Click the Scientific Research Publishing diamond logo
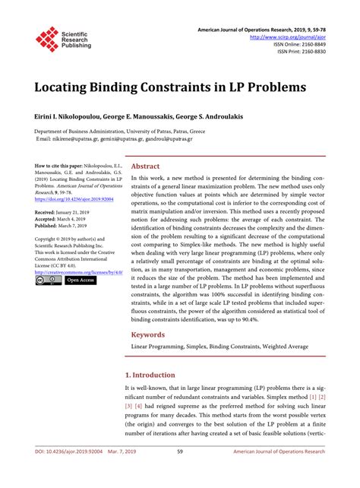tap(47, 38)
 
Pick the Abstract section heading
tap(145, 166)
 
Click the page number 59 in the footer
tap(179, 473)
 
